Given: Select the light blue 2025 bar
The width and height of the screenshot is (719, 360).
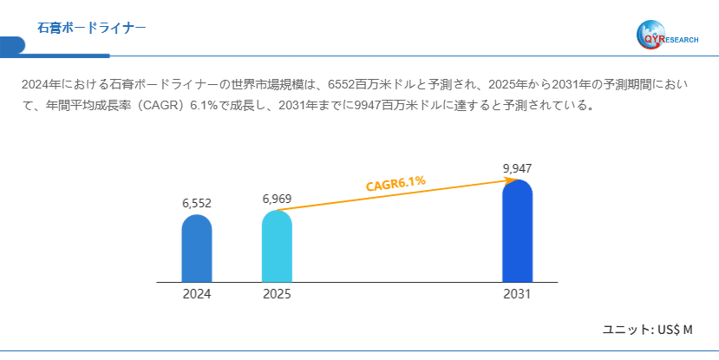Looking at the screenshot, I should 277,246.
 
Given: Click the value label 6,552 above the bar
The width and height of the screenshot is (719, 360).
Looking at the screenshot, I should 197,203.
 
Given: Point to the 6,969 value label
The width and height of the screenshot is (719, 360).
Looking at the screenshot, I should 277,200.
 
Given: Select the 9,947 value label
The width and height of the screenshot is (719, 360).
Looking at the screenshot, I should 517,167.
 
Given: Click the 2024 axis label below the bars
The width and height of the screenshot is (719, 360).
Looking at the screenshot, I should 197,294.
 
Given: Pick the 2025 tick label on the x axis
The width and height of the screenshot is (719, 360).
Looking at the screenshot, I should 277,294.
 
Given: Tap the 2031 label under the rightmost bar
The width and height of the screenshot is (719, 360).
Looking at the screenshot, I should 517,294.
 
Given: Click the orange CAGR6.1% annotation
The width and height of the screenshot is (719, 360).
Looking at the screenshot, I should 395,183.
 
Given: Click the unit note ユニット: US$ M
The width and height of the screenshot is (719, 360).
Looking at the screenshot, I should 648,330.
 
